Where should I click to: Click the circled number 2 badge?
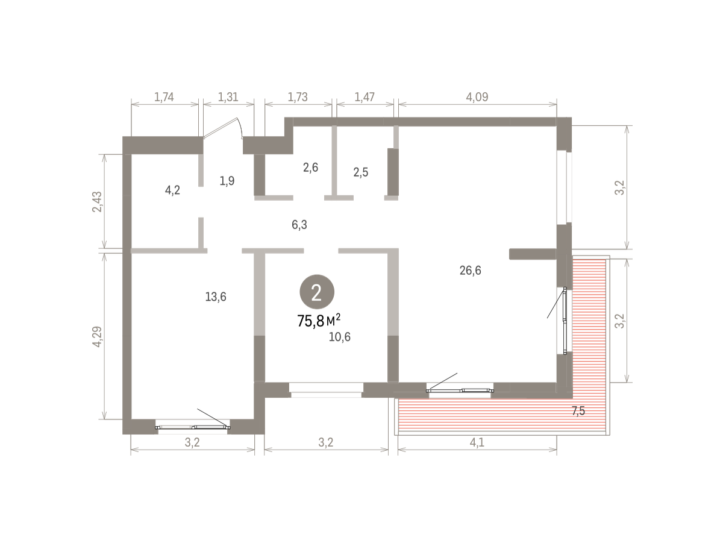pyautogui.click(x=316, y=292)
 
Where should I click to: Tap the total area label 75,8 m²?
pyautogui.click(x=319, y=321)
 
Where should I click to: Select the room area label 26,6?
pyautogui.click(x=470, y=271)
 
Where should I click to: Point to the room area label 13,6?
pyautogui.click(x=216, y=297)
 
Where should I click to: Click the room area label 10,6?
pyautogui.click(x=339, y=337)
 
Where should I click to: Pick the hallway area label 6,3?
pyautogui.click(x=299, y=225)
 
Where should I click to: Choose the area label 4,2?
pyautogui.click(x=172, y=190)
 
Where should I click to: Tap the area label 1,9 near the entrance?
pyautogui.click(x=227, y=181)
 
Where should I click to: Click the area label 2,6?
pyautogui.click(x=310, y=168)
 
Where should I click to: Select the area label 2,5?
pyautogui.click(x=361, y=172)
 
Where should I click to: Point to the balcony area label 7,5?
pyautogui.click(x=578, y=411)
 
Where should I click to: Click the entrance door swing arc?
pyautogui.click(x=240, y=127)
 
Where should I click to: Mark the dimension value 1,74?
pyautogui.click(x=164, y=97)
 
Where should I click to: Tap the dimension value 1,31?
pyautogui.click(x=228, y=97)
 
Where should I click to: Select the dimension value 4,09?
pyautogui.click(x=477, y=97)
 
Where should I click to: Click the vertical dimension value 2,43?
pyautogui.click(x=97, y=202)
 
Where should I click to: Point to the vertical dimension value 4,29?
pyautogui.click(x=97, y=336)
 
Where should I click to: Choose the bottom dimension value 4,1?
pyautogui.click(x=477, y=442)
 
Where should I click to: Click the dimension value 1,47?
pyautogui.click(x=365, y=97)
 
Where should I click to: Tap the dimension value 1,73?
pyautogui.click(x=298, y=97)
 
